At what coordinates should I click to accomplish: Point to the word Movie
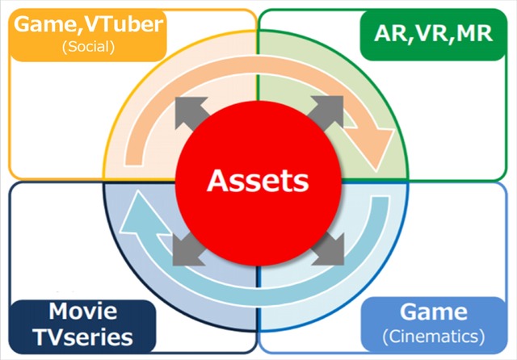[83, 311]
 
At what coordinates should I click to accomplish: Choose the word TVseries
[83, 336]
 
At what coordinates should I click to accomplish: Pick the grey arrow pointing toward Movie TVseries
[188, 249]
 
